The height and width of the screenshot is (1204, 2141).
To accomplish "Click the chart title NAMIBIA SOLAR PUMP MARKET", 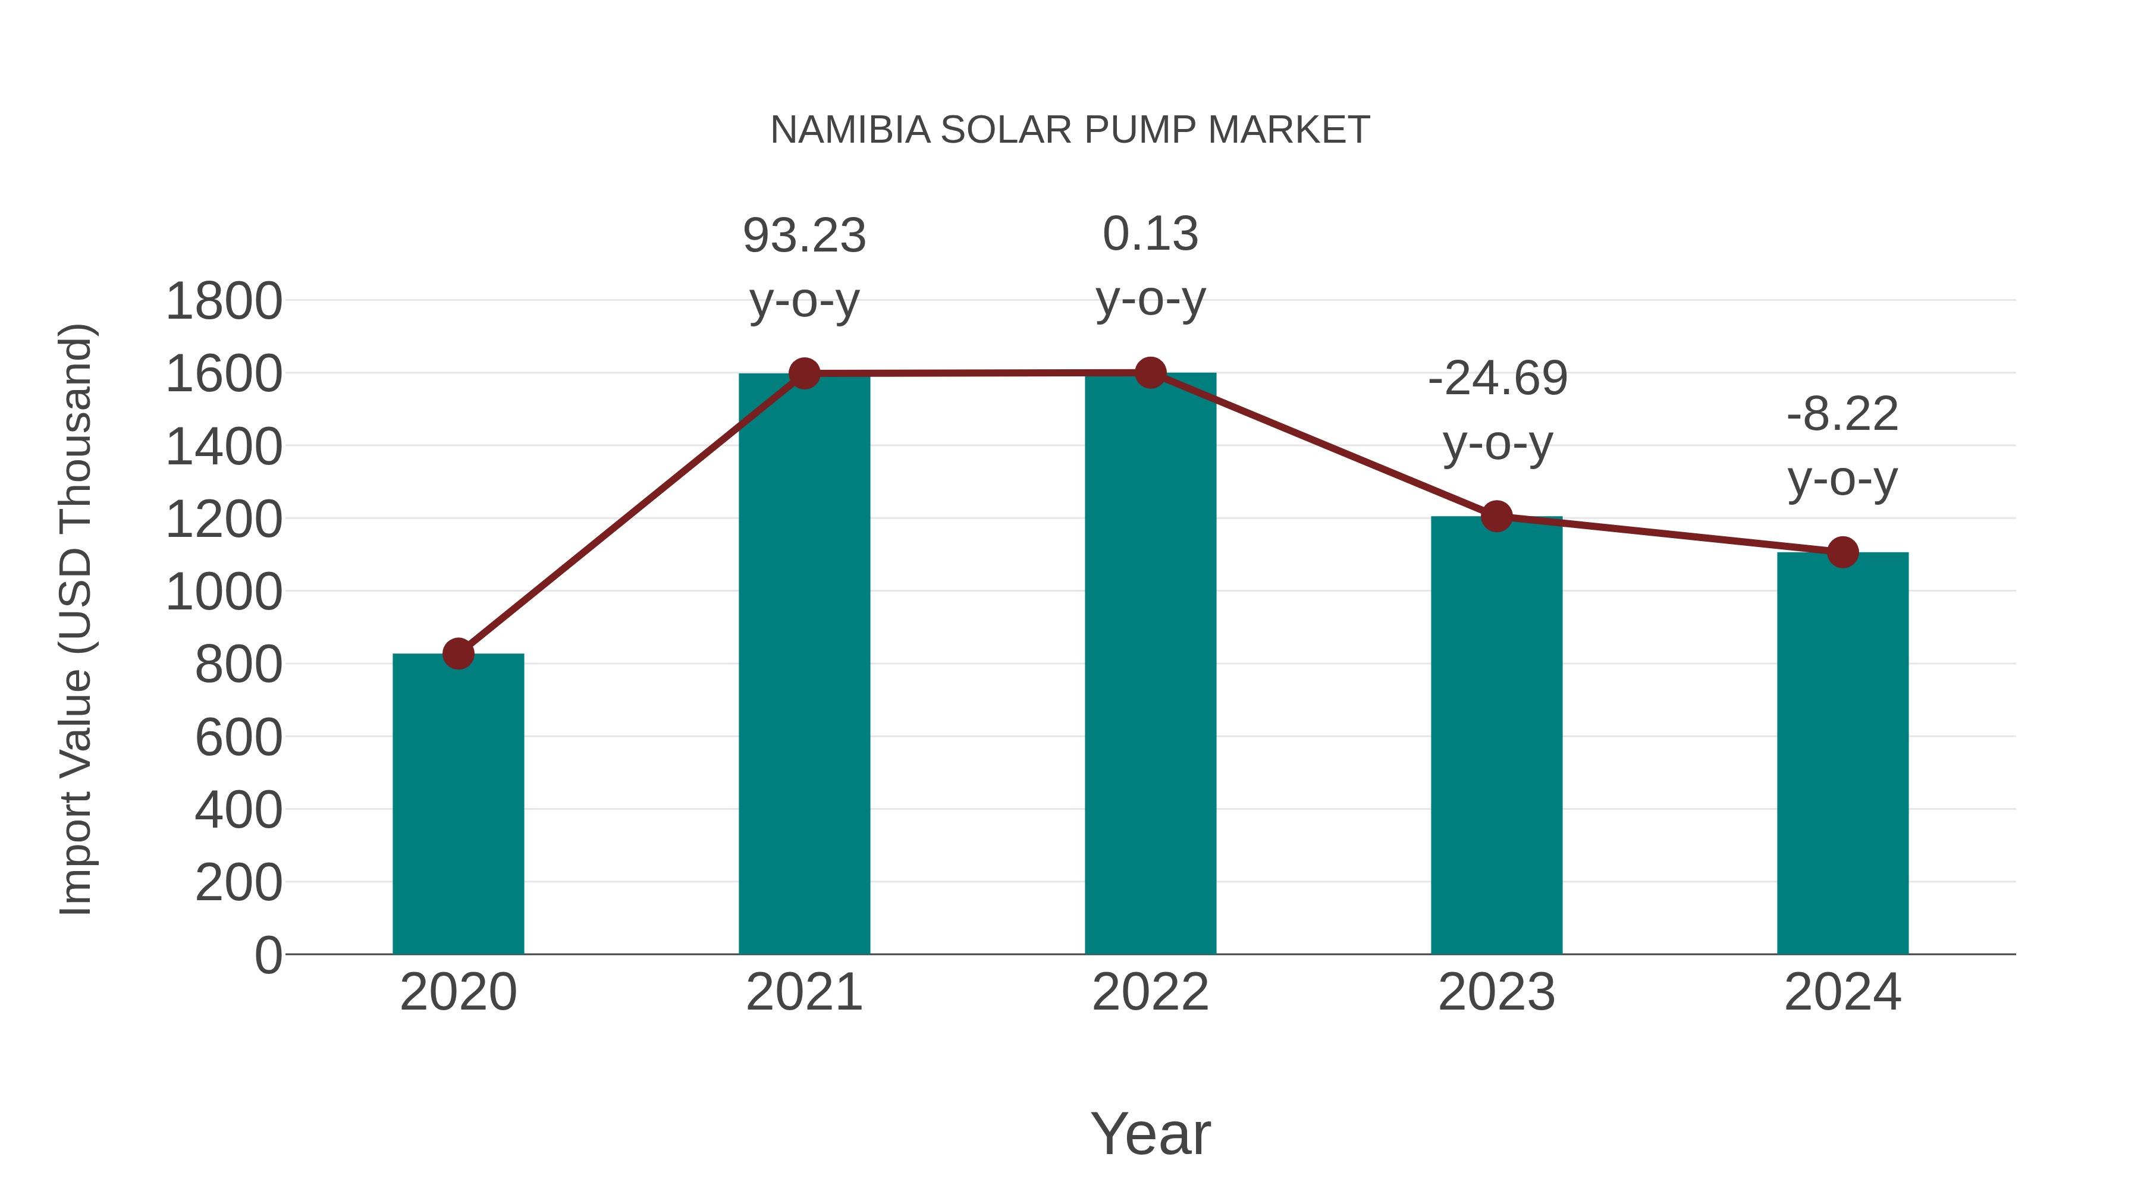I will tap(1070, 130).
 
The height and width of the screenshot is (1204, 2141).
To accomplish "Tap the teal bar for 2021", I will tap(803, 665).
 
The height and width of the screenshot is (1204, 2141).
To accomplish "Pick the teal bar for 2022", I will tap(1150, 665).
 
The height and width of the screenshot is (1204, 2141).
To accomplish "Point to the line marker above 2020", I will tap(458, 654).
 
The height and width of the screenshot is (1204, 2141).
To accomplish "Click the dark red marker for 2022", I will tap(1150, 373).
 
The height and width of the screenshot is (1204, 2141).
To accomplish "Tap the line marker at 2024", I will tap(1842, 552).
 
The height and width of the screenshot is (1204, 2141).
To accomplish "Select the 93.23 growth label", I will tap(803, 236).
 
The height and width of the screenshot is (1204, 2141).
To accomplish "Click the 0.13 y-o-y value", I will tap(1150, 234).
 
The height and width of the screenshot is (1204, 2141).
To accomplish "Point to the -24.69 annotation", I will tap(1497, 379).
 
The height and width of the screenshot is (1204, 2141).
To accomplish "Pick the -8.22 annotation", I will tap(1842, 414).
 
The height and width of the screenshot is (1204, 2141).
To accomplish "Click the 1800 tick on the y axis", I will tap(224, 301).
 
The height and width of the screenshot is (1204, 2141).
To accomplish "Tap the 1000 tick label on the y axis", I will tap(224, 592).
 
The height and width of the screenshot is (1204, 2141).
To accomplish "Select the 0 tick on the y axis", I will tap(268, 955).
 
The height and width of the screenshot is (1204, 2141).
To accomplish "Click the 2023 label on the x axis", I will tap(1496, 992).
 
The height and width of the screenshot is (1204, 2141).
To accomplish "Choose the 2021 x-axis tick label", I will tap(803, 992).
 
